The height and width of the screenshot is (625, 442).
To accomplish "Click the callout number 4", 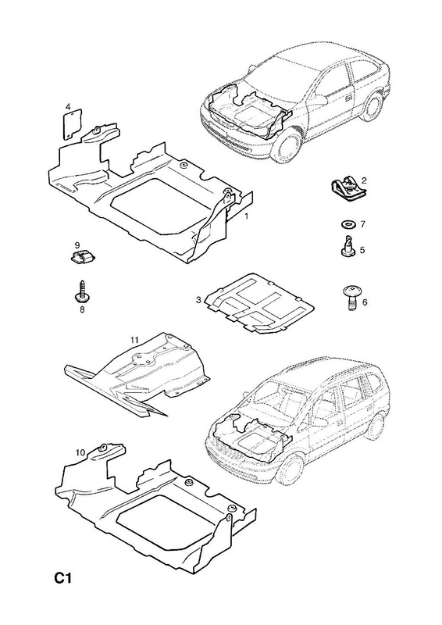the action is click(x=68, y=106).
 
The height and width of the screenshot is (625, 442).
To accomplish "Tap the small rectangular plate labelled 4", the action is click(x=73, y=124).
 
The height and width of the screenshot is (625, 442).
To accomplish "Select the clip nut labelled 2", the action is click(x=347, y=189).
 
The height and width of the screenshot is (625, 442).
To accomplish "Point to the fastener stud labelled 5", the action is click(x=348, y=245).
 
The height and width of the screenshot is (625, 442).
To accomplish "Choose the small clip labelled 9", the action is click(x=83, y=257).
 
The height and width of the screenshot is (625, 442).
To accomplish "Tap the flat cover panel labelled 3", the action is click(x=259, y=303).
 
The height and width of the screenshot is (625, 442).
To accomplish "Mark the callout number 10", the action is click(x=80, y=452).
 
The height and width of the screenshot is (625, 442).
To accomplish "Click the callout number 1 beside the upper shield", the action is click(x=246, y=216).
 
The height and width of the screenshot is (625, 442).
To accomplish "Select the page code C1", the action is click(x=63, y=577).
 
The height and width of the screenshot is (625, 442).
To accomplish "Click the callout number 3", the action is click(x=198, y=300).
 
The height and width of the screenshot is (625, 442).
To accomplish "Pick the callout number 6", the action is click(x=364, y=302).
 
